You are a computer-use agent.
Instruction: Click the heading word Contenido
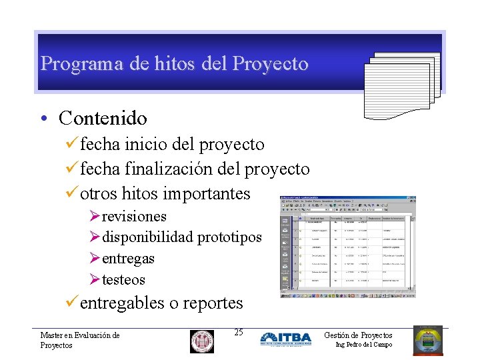tap(103, 119)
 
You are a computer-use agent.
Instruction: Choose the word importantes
tap(206, 194)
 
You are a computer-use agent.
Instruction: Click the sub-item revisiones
tap(134, 217)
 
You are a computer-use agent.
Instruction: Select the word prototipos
tap(229, 237)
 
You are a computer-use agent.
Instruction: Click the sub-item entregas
tap(128, 258)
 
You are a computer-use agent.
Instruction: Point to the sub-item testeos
tap(123, 279)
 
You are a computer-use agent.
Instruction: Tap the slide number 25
tap(239, 333)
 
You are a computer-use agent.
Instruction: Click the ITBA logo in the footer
tap(285, 339)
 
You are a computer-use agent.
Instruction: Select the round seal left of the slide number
tap(202, 341)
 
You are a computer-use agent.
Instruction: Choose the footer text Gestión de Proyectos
tap(358, 335)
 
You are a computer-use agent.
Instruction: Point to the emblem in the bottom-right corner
tap(427, 340)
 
